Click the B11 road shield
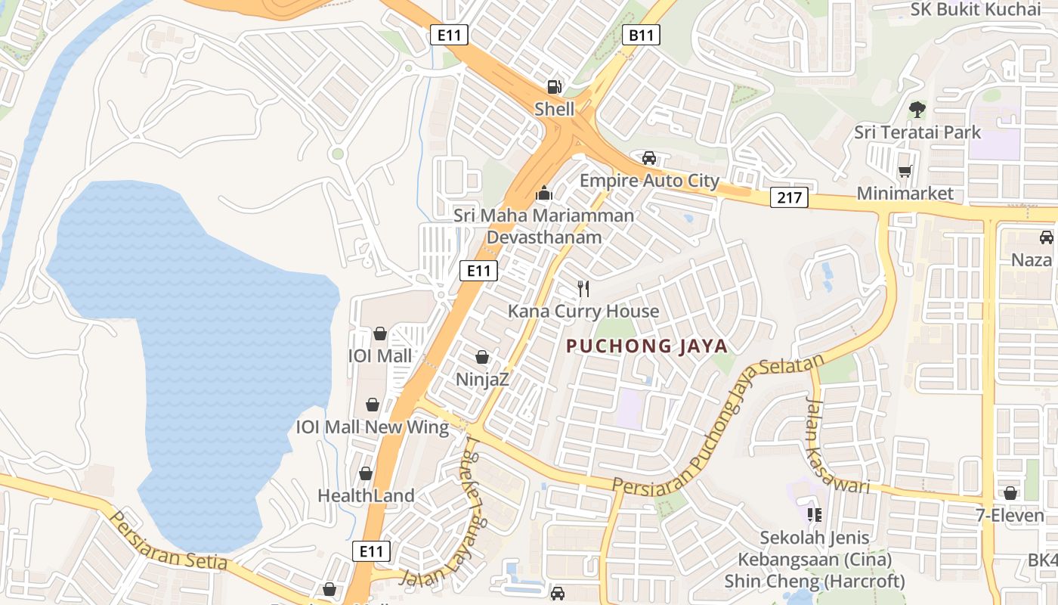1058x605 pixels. point(642,34)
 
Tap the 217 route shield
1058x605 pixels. point(790,198)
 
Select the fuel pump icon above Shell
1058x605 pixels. point(555,87)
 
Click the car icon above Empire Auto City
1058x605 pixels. point(648,158)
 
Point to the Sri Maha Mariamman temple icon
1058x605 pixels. point(543,194)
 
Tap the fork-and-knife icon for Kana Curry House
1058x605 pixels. point(583,288)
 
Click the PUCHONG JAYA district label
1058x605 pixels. point(647,346)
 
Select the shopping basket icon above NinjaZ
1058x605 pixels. point(482,357)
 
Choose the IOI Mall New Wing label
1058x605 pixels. point(373,427)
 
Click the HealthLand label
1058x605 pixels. point(366,496)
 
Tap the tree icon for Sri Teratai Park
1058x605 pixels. point(917,110)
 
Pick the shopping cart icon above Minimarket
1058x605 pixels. point(905,172)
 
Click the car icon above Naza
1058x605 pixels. point(1046,237)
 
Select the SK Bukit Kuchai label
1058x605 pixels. point(976,9)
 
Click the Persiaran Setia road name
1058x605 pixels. point(169,541)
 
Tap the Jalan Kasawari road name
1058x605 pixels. point(837,446)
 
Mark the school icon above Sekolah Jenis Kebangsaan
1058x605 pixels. point(814,515)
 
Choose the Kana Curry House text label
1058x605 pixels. point(583,311)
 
